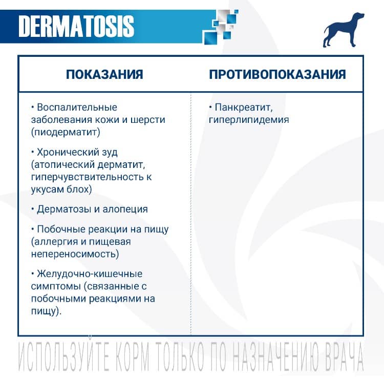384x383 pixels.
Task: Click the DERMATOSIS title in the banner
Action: tap(76, 26)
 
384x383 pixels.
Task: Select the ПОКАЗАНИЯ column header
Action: tap(104, 74)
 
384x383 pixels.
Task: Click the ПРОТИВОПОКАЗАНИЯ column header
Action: tap(277, 74)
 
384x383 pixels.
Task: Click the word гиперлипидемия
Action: tap(249, 120)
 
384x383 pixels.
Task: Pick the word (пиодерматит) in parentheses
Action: tap(65, 132)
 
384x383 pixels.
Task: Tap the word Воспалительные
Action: tap(77, 108)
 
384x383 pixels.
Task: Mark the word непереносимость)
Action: tap(75, 254)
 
